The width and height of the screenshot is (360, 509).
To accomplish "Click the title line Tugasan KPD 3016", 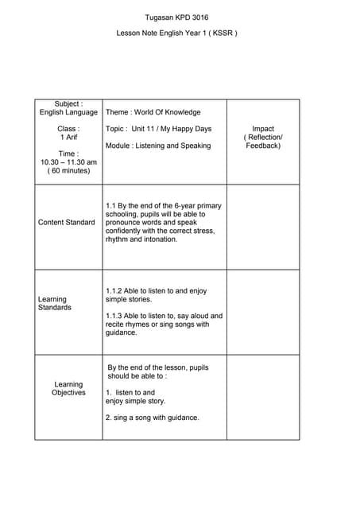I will coord(177,17).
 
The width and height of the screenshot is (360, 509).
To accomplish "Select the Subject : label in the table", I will coord(68,104).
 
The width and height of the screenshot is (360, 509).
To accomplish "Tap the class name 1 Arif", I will coord(68,137).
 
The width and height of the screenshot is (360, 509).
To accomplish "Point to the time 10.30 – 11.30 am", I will coord(68,162).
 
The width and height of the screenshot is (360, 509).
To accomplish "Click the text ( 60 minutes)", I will coord(68,171).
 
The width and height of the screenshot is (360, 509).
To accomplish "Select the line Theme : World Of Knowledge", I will coord(153,113).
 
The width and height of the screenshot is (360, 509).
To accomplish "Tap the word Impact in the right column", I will coord(263,129).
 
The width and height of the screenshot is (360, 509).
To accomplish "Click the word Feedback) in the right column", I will coord(263,146).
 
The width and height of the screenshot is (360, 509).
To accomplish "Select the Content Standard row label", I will coord(67,222).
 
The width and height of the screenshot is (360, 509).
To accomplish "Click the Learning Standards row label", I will coord(55,304).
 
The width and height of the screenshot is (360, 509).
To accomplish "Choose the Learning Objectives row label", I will coord(68,389).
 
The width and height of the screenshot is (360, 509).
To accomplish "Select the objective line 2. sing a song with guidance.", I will coord(152,418).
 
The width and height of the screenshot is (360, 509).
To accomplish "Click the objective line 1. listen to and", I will coord(130,392).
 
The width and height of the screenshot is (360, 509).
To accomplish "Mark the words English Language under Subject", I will coord(68,113).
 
